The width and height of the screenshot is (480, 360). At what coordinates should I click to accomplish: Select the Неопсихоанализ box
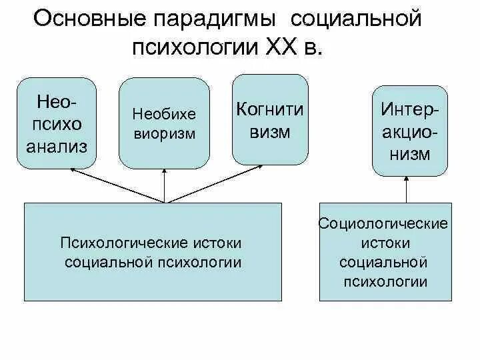coord(57,123)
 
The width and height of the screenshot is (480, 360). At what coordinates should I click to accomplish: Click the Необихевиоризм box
coord(163,123)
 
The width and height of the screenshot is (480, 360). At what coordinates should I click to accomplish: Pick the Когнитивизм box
coord(269,119)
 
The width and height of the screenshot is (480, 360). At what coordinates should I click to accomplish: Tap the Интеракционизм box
coord(410,130)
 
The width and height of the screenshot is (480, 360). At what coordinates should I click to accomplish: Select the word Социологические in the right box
coord(384,223)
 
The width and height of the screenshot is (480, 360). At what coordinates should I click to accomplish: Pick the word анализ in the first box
coord(57,147)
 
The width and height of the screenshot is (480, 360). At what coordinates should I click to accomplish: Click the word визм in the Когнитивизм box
coord(269,131)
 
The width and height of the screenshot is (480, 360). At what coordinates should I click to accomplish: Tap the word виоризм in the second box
coord(163,133)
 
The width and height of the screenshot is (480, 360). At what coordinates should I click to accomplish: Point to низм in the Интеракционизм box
coord(410,154)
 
